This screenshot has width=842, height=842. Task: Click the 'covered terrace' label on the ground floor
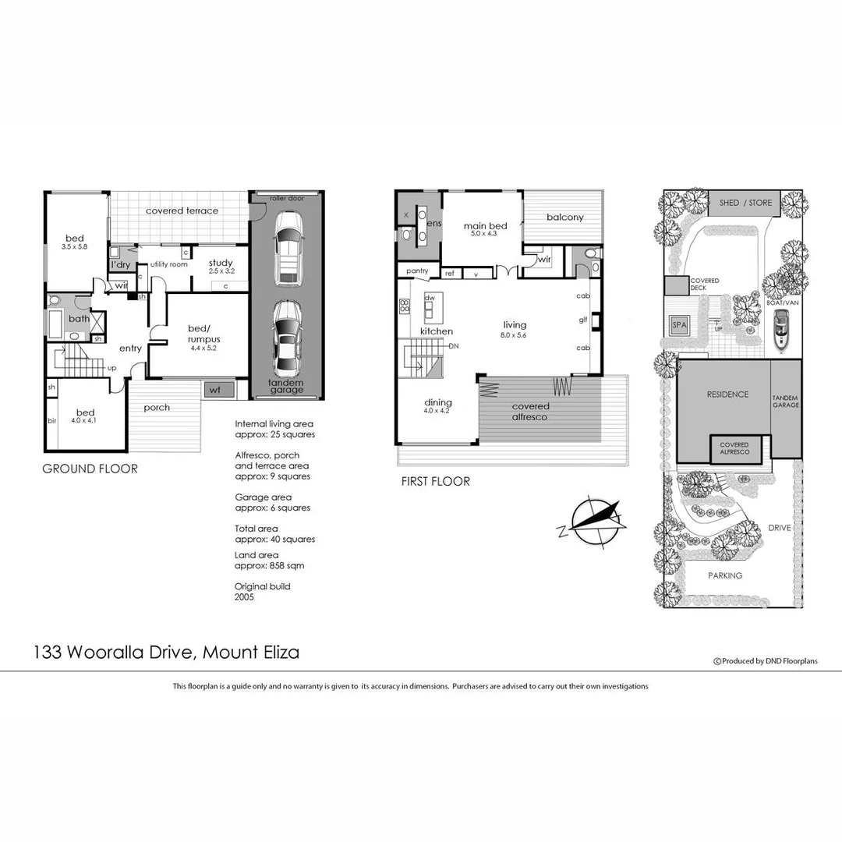coord(182,210)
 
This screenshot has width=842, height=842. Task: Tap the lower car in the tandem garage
coord(286,335)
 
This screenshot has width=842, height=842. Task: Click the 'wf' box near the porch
coord(214,390)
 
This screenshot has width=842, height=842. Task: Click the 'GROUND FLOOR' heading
coord(90,469)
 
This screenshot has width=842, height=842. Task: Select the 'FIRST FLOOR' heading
coord(435,482)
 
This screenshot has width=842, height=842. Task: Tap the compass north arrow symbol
coord(595,518)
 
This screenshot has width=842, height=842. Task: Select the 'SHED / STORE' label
coord(745,203)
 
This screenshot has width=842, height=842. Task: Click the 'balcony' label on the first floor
coord(564,218)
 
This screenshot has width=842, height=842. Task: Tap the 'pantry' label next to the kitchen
coord(416,271)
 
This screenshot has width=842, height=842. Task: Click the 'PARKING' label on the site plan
coord(724,575)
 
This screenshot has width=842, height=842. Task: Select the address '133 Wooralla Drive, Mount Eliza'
coord(166,653)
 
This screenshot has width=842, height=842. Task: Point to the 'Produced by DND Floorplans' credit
coord(766,661)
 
